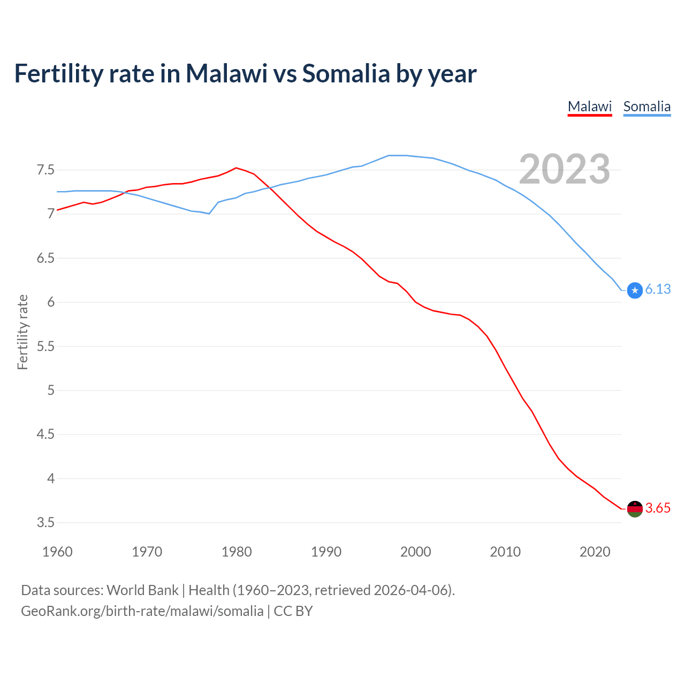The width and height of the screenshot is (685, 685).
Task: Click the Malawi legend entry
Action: point(589,106)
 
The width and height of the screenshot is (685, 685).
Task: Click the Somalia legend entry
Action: point(646,106)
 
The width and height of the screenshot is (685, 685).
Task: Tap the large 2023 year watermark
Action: point(564,169)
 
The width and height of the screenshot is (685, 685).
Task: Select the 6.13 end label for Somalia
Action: point(658,290)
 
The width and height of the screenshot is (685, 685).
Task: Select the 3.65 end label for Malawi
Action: point(658,508)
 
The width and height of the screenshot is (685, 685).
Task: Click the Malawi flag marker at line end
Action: point(635,509)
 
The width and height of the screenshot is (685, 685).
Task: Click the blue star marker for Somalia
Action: point(635,290)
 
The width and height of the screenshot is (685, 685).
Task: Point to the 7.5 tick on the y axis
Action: point(45,170)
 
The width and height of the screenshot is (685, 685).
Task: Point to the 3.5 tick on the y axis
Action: point(45,522)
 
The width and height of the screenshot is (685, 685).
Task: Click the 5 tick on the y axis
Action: point(51,390)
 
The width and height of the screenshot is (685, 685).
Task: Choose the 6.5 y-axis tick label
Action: point(45,258)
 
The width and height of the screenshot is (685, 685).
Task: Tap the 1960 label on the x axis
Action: point(57,552)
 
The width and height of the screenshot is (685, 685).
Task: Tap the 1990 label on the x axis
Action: point(326,552)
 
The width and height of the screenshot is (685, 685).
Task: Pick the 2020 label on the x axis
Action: point(595,552)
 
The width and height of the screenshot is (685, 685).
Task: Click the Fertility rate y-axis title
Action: point(22,332)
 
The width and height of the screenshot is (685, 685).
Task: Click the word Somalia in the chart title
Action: point(346,73)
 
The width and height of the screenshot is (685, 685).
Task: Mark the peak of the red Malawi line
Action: point(236,168)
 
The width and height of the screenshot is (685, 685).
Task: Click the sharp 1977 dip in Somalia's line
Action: point(209,214)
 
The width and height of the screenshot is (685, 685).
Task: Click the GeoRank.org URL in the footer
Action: point(142,611)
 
